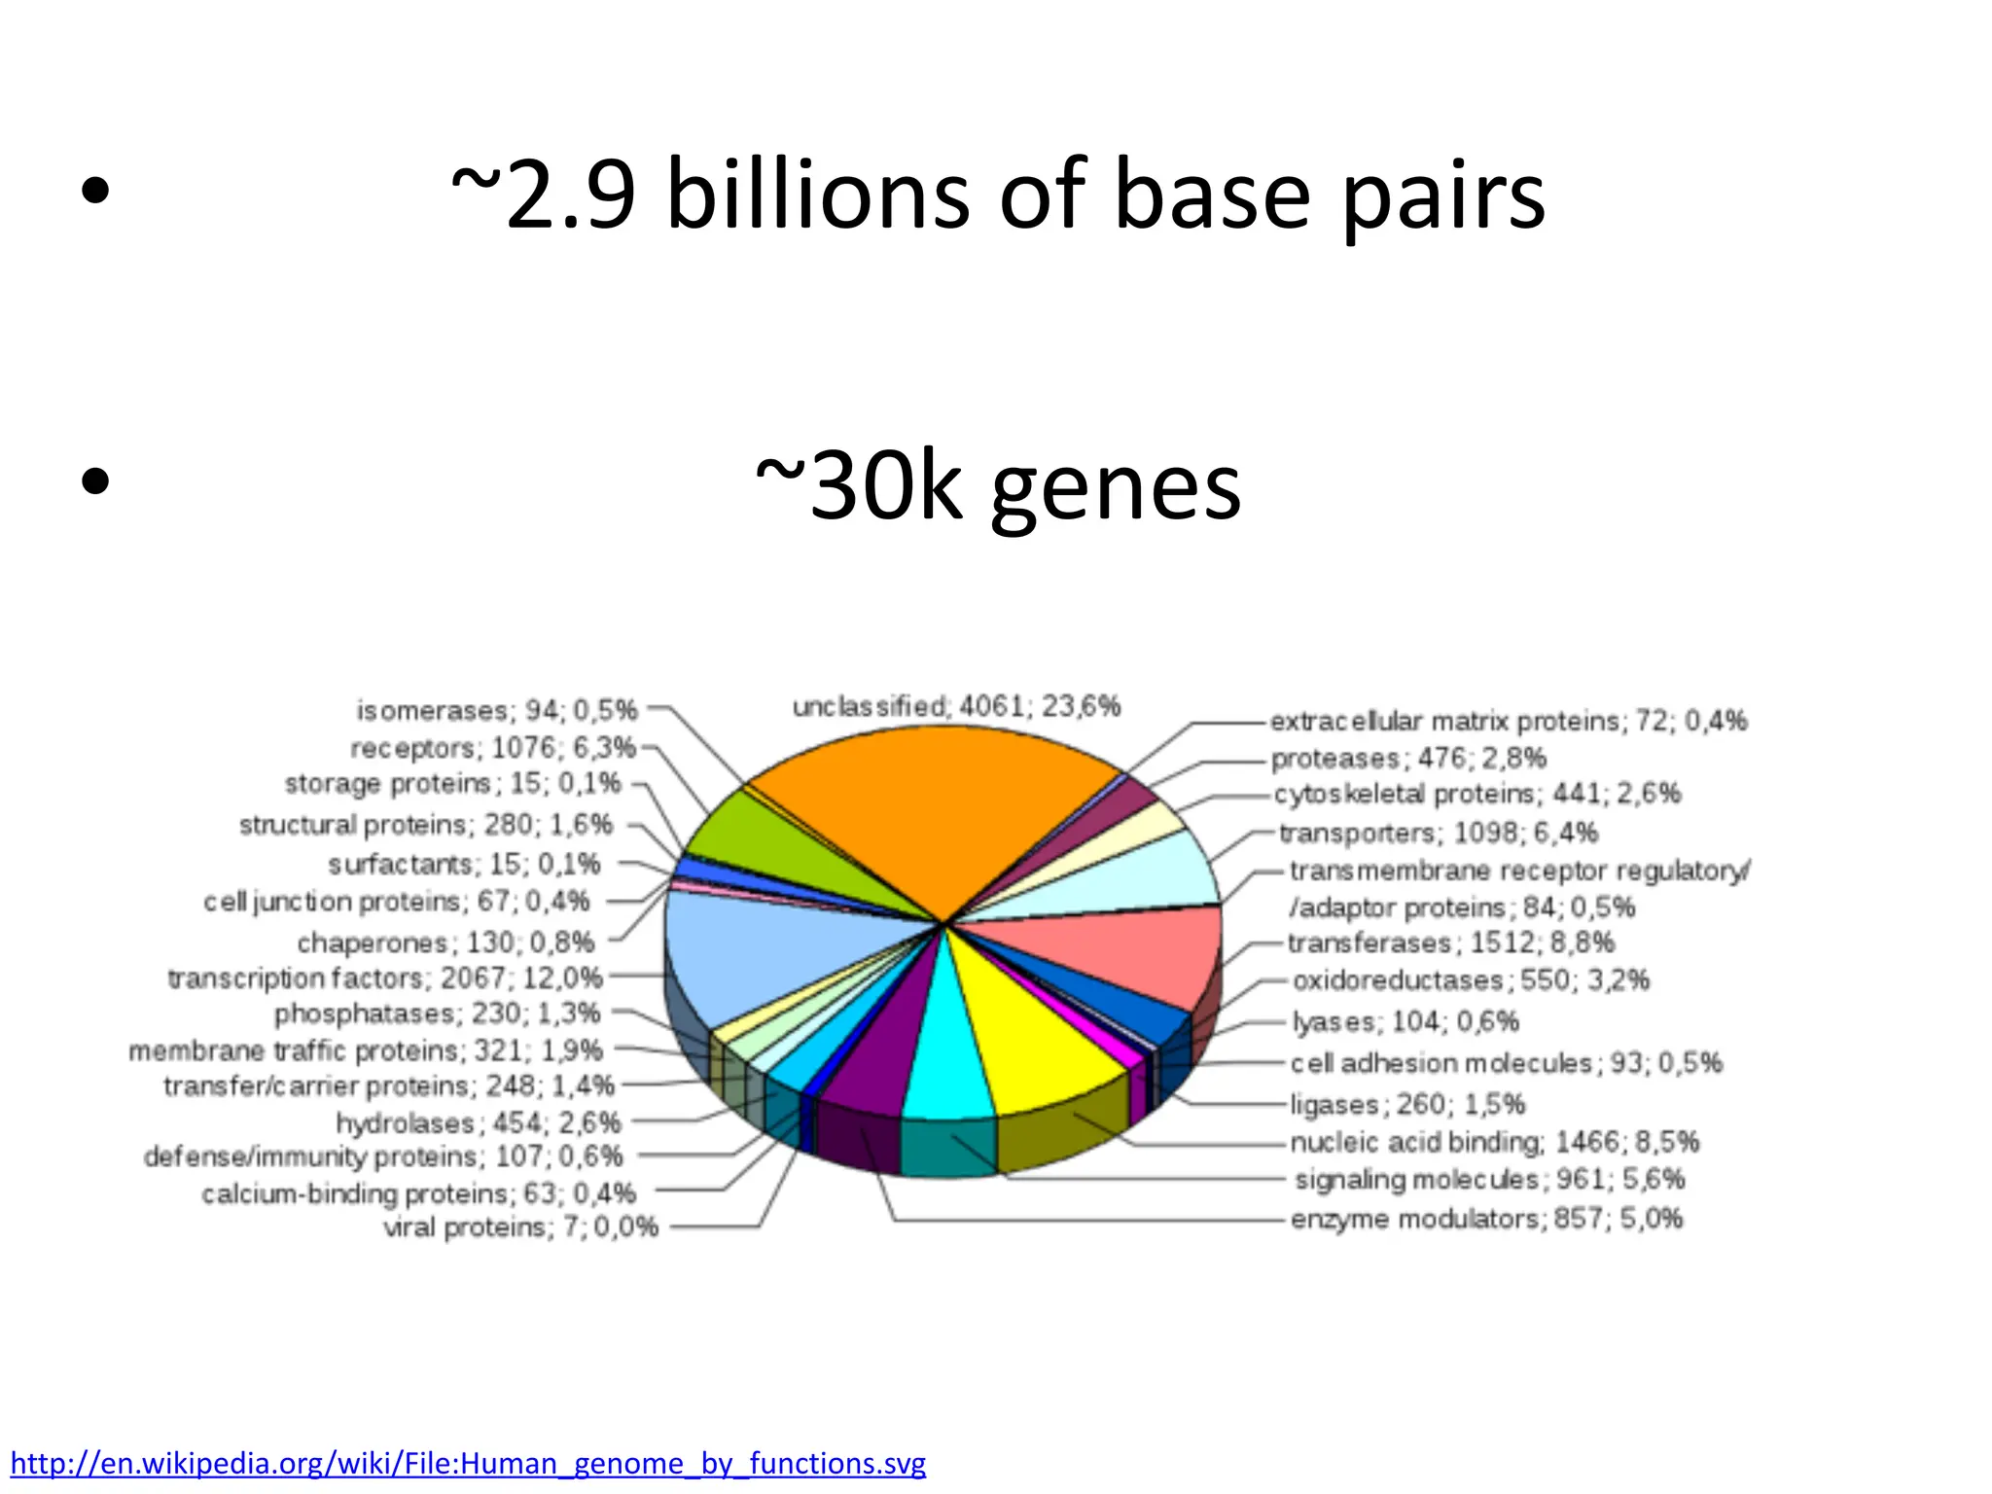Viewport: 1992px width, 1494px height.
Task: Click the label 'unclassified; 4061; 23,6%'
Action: (956, 706)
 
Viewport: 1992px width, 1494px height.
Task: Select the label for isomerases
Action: (496, 711)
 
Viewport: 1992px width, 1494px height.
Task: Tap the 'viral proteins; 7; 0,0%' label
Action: (520, 1227)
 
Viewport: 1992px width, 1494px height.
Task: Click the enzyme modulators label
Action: (1486, 1219)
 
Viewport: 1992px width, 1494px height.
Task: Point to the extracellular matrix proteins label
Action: (1508, 721)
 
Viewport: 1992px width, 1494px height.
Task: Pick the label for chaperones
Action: (445, 943)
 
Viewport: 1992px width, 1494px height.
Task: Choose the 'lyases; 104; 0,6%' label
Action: (1405, 1021)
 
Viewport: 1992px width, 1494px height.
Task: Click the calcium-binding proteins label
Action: (418, 1193)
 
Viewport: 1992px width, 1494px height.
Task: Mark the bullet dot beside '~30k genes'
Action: (95, 480)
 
